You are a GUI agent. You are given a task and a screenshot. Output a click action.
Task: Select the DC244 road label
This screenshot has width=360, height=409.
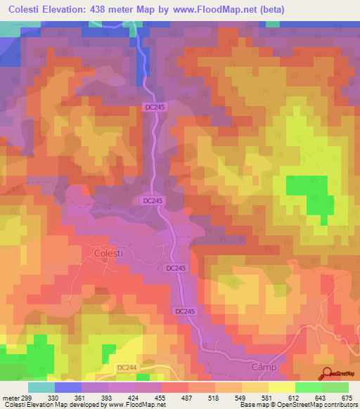point(125,368)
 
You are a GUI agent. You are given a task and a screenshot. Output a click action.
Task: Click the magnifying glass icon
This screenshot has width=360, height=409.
point(328,375)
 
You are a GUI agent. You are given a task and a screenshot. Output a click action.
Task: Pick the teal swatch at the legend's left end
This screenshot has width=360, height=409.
point(41,387)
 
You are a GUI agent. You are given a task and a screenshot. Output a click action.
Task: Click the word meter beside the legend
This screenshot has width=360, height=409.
point(10,397)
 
